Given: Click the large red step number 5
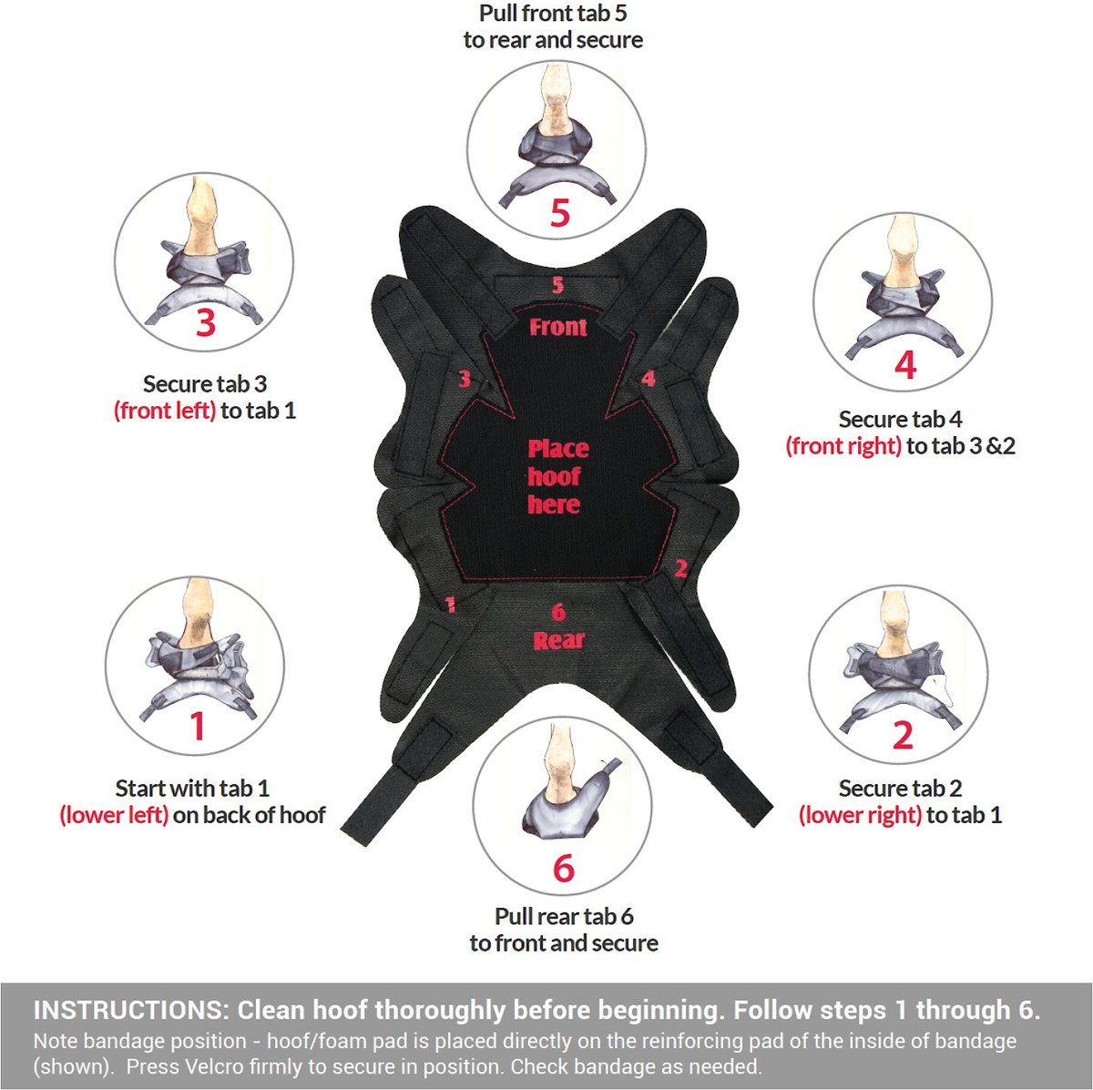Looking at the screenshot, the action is coord(559,213).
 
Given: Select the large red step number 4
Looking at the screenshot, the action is coord(905,364).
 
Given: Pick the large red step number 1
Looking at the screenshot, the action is coord(197,726).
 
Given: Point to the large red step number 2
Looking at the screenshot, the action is coord(903,735).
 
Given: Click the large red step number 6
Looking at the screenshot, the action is coord(564,869).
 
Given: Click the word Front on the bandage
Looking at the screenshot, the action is coord(558,327).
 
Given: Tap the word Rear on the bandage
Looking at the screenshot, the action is coord(558,640).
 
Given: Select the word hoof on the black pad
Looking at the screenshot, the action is coord(554,476).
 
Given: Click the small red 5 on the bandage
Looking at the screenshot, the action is coord(558,285).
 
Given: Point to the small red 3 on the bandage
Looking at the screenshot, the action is coord(465,378).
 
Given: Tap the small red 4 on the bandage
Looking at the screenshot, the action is coord(649,378).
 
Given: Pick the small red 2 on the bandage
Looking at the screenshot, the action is coord(681,568).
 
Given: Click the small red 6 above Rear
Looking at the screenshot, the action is coord(558,612).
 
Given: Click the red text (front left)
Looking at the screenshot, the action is coord(165,411).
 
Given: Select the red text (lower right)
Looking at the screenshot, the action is coord(860,815).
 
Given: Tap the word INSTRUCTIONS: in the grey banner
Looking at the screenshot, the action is coord(128,1010).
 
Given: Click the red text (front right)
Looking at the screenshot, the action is coord(843,446).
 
